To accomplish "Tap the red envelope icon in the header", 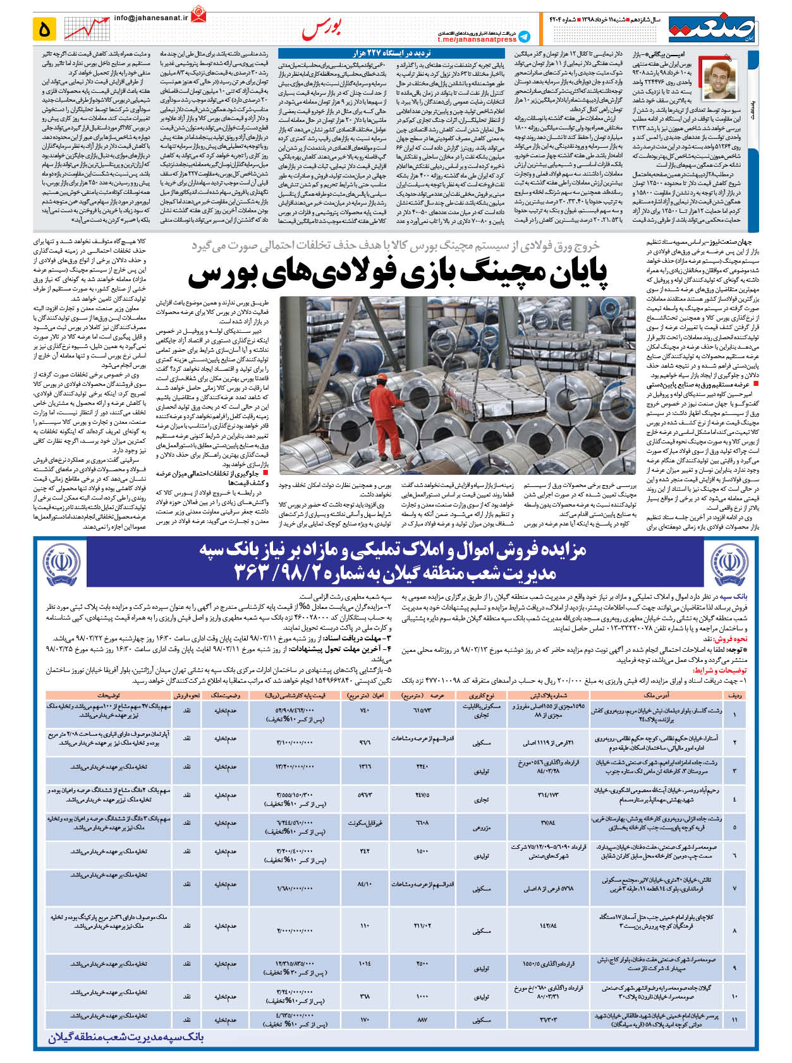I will coord(200,13).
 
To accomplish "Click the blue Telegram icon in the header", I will coord(524,37).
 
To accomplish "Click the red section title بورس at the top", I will coord(322,28).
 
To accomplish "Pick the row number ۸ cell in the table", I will coord(734,930).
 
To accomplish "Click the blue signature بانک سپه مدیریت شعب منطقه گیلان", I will coord(126,1038).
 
